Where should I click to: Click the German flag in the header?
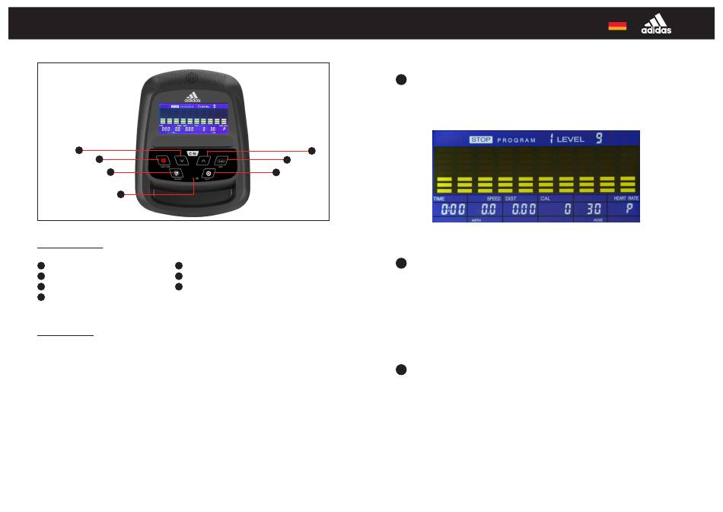[617, 26]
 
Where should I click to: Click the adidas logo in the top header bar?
[656, 25]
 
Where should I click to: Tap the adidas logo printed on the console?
[193, 98]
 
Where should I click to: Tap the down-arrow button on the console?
[180, 161]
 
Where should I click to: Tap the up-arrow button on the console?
[203, 161]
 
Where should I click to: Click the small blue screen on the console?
[193, 119]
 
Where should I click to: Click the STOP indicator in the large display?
[479, 140]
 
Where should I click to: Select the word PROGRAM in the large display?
[517, 140]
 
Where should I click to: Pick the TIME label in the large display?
[439, 199]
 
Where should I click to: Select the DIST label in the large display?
[511, 199]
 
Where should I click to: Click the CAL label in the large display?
[545, 199]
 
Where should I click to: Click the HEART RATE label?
[626, 199]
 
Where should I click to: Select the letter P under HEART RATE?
[629, 209]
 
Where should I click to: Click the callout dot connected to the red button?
[99, 159]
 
